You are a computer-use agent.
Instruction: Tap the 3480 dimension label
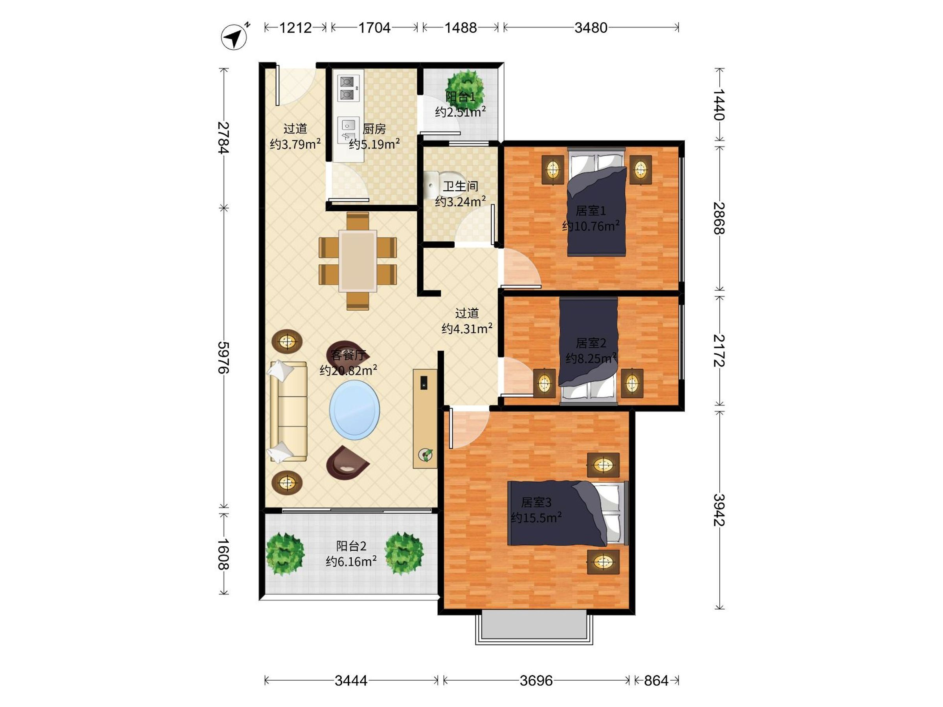(x=591, y=28)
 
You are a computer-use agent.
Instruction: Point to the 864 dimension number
(x=656, y=681)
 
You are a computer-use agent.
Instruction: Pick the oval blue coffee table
(x=354, y=410)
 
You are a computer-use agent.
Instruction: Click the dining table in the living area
(x=358, y=261)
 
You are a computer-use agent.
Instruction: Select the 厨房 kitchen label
(x=374, y=128)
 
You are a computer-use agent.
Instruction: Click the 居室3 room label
(x=536, y=502)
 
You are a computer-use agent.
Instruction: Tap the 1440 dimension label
(x=719, y=104)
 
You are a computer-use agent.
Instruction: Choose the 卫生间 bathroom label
(x=460, y=186)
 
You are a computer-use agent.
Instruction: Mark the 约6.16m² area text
(x=351, y=561)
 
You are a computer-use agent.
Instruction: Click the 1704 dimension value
(x=374, y=28)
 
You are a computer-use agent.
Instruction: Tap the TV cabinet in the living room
(x=425, y=418)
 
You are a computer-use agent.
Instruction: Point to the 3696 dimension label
(x=536, y=681)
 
